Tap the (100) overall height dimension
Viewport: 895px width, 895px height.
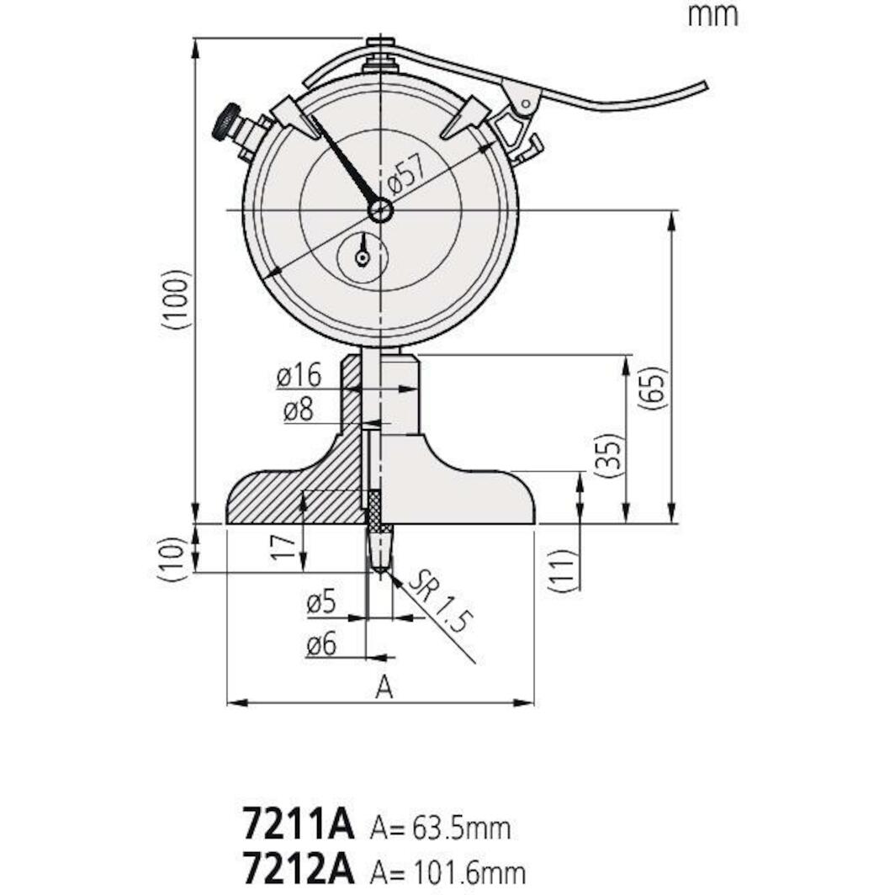click(x=172, y=299)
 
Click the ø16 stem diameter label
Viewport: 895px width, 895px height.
click(x=299, y=377)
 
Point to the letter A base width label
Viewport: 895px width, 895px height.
click(x=384, y=687)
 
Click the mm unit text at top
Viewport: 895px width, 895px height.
click(x=712, y=14)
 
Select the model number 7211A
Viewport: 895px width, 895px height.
click(x=299, y=825)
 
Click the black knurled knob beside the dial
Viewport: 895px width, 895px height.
click(x=225, y=124)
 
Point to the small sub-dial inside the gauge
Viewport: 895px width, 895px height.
click(x=363, y=257)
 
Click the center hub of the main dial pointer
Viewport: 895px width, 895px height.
click(x=380, y=209)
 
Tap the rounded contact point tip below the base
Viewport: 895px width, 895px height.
click(x=380, y=574)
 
